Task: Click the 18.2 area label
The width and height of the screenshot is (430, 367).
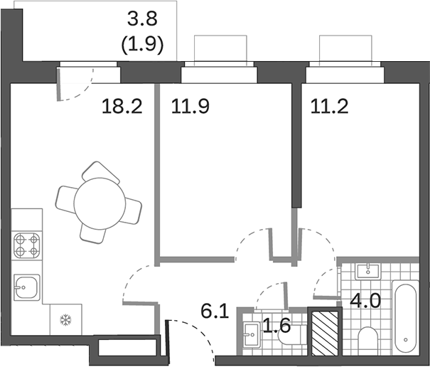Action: (x=123, y=107)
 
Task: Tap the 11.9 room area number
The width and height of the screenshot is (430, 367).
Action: (x=190, y=107)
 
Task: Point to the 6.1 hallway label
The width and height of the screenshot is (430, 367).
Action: (x=215, y=311)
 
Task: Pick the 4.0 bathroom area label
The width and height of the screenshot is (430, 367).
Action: (x=365, y=298)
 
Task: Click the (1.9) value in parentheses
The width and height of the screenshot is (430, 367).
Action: (x=145, y=46)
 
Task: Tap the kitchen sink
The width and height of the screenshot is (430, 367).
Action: (x=26, y=288)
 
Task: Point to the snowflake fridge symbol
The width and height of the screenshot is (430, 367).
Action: (x=65, y=319)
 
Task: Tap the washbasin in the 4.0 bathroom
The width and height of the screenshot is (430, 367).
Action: (x=367, y=270)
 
